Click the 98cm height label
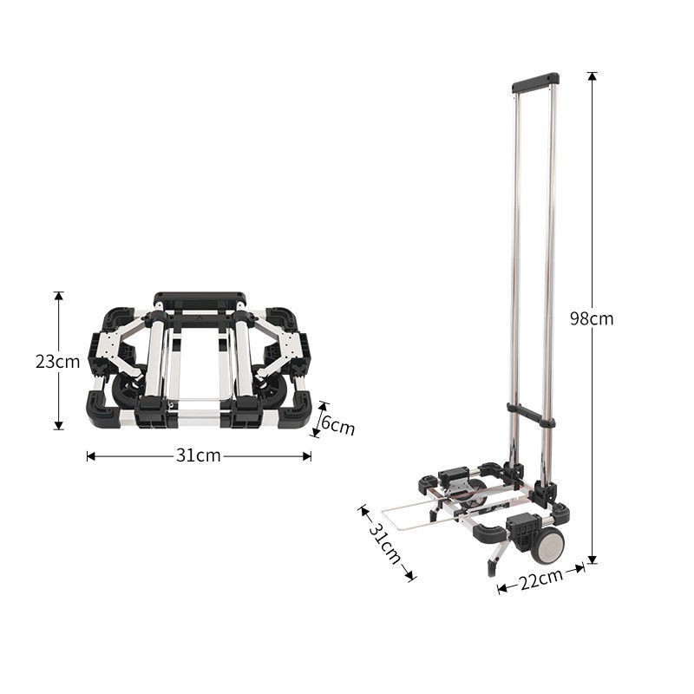(592, 318)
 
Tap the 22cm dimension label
(540, 579)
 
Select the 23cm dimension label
(57, 362)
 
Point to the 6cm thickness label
(337, 426)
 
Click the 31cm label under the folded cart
(199, 455)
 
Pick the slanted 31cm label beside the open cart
(384, 543)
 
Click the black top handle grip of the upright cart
(535, 82)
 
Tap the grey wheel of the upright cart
(548, 546)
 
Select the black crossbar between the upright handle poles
(531, 414)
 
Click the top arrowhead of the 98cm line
(593, 75)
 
